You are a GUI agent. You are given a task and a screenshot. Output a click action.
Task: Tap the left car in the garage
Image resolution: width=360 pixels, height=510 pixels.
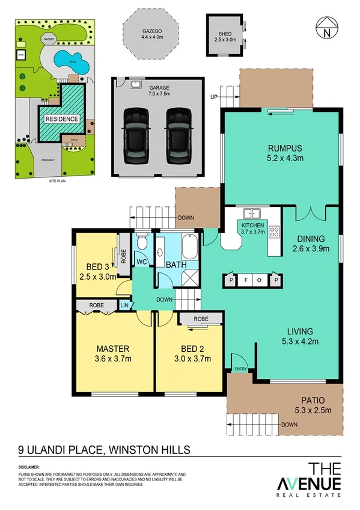137,135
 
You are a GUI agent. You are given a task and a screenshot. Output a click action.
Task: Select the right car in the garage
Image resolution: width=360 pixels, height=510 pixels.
179,135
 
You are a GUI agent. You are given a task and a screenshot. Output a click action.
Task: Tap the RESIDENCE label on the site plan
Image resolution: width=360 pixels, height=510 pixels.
61,119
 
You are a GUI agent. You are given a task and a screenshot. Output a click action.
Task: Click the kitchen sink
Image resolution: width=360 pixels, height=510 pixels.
252,213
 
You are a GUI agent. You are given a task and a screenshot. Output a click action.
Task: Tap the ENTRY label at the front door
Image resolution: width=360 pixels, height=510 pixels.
240,369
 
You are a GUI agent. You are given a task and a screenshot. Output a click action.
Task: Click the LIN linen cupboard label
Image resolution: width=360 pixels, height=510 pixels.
125,306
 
